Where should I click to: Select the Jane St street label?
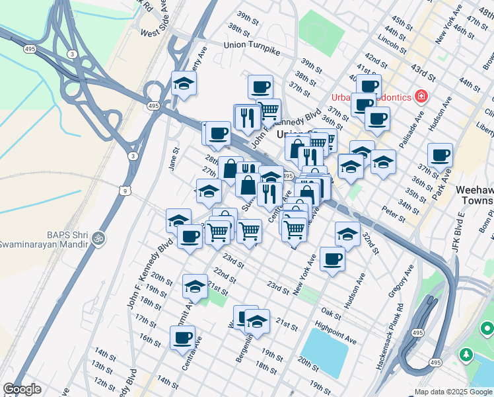(x=174, y=161)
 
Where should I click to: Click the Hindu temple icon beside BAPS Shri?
(x=98, y=236)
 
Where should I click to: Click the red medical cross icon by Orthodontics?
(x=421, y=97)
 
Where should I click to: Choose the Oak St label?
(x=330, y=310)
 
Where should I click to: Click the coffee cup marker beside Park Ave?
(x=440, y=156)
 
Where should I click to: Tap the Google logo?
(x=22, y=390)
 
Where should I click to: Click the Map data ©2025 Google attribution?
(x=453, y=392)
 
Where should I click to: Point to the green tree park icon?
(x=467, y=354)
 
